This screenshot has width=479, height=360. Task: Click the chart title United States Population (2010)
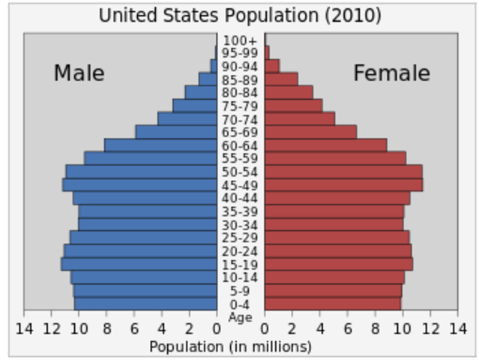[240, 15]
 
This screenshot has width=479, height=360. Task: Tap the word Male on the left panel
[79, 73]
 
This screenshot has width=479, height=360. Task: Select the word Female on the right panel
[391, 73]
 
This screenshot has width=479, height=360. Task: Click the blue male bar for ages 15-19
[139, 264]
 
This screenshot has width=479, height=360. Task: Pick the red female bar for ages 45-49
[343, 184]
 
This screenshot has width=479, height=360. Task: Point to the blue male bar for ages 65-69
[176, 132]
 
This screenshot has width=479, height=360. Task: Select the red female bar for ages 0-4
[333, 304]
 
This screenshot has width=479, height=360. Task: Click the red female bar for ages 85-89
[281, 79]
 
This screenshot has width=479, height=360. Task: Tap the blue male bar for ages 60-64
[160, 145]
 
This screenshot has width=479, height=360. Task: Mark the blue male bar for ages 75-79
[195, 106]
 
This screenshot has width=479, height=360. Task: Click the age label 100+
[241, 40]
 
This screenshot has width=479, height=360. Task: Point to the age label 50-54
[241, 172]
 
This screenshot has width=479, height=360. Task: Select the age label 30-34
[241, 225]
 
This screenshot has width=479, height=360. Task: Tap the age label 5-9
[241, 291]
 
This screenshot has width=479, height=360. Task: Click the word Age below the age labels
[241, 317]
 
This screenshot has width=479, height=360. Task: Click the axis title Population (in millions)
[230, 346]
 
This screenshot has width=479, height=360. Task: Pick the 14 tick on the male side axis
[24, 328]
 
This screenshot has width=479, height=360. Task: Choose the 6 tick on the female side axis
[348, 328]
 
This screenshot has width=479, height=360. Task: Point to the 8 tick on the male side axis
[106, 328]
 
